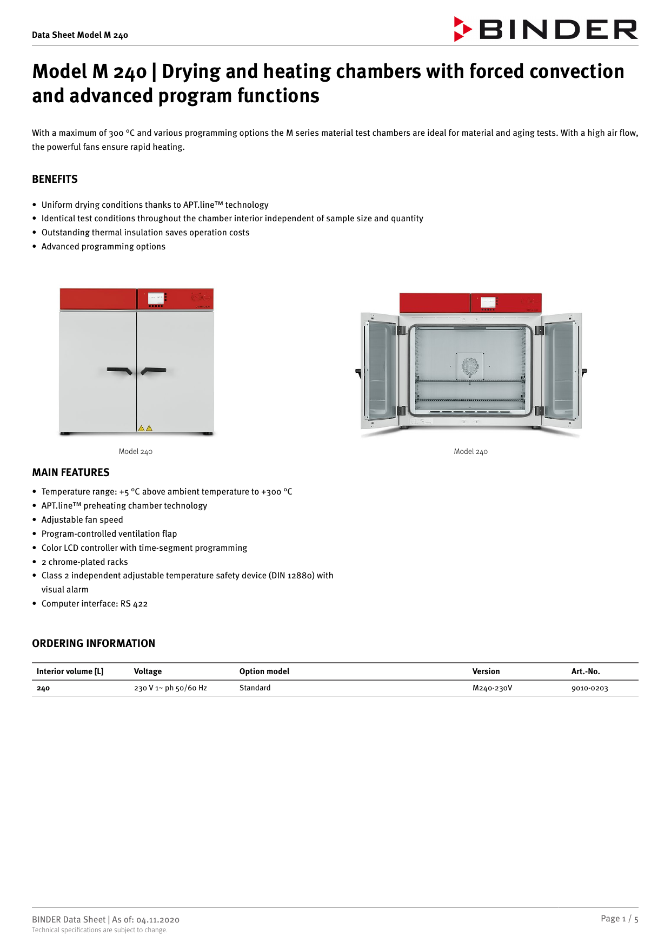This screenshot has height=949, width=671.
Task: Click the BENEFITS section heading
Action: [55, 179]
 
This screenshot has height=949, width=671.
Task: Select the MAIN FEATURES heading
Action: [71, 472]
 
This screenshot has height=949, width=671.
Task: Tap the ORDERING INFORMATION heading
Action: [94, 643]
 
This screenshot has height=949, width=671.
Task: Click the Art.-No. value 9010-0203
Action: [589, 688]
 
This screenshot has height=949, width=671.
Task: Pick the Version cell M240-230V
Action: [492, 688]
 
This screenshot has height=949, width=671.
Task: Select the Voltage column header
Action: [148, 671]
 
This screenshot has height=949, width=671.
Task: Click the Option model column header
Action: [264, 671]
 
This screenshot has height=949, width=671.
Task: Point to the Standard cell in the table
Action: [255, 688]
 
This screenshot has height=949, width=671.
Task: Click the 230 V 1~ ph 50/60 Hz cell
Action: [170, 688]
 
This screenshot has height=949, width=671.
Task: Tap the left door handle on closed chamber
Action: [120, 371]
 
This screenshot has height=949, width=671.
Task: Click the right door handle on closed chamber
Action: [153, 371]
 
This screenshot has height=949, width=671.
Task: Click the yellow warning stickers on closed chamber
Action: [145, 428]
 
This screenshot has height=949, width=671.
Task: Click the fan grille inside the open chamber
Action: [470, 366]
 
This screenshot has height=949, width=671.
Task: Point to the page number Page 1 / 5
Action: [619, 919]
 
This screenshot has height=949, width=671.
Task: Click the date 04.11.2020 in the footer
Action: [158, 920]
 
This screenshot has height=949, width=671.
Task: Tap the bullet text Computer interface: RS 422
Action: [95, 604]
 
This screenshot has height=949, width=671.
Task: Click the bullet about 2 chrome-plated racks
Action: [85, 562]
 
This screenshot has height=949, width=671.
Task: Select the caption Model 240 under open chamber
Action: [470, 451]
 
